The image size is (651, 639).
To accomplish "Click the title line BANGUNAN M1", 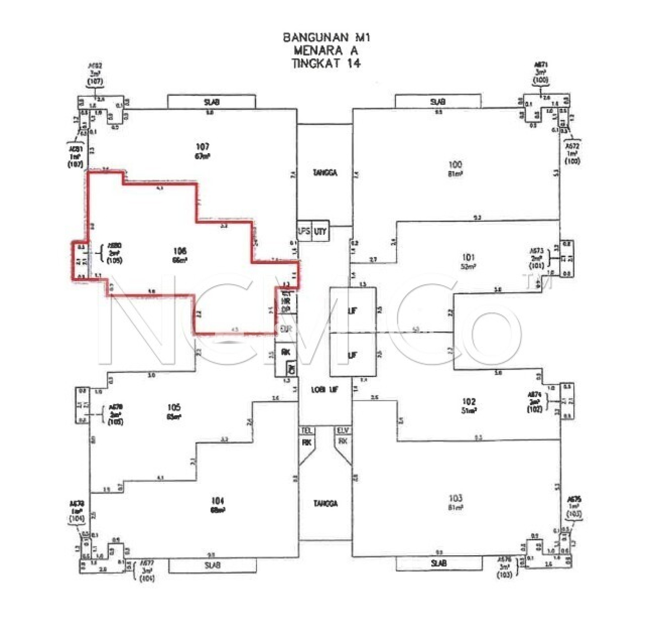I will (326, 37).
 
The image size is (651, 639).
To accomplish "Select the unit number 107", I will (202, 147).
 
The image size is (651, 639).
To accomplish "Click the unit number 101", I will (468, 258).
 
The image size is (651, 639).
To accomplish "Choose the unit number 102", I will (469, 402).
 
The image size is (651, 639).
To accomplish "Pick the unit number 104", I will (218, 501).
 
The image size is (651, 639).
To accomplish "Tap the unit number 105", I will (174, 408).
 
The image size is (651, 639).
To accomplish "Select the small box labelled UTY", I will (320, 231).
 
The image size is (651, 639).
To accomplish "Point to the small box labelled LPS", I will (304, 231).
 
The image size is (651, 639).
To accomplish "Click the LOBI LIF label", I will (325, 390).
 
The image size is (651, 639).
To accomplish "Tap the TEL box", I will (306, 430).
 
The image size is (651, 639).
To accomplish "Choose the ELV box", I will (343, 430).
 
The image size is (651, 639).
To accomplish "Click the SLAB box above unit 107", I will (211, 102).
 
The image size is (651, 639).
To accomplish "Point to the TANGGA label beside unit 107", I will (325, 173).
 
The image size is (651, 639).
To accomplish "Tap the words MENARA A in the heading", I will (326, 50).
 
